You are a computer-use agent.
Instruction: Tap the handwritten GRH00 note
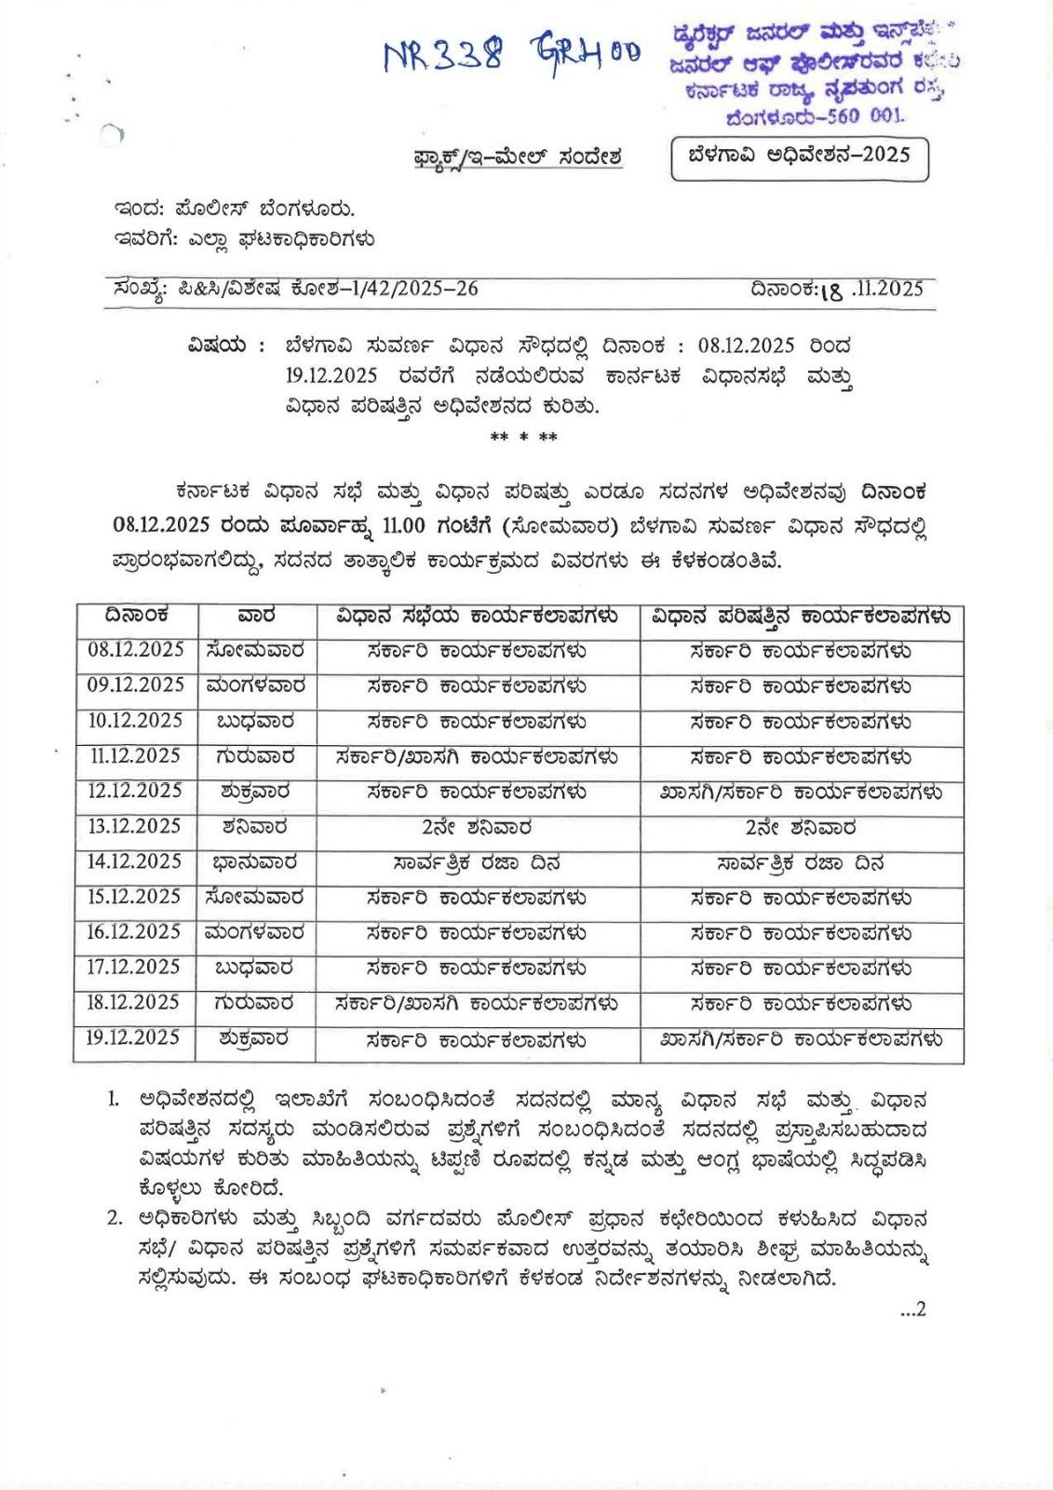[586, 51]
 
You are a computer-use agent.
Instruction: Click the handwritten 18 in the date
[831, 291]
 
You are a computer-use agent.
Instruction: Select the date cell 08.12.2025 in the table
[136, 650]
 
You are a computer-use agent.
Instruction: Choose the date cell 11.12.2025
[135, 756]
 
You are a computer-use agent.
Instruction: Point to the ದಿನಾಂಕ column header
[136, 616]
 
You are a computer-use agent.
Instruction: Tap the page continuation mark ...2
[912, 1309]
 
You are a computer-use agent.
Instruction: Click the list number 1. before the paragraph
[114, 1100]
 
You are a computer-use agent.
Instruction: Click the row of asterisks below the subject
[523, 437]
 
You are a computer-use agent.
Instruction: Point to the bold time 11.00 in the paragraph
[403, 526]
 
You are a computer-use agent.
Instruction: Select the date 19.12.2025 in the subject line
[331, 376]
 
